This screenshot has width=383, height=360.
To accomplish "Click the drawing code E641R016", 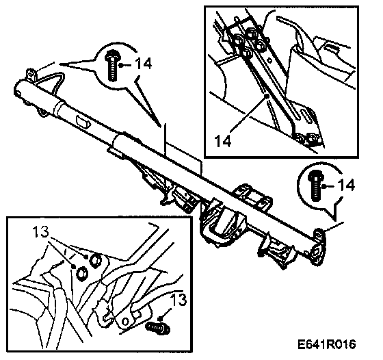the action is [x=327, y=344].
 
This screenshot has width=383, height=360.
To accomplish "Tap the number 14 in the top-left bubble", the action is [x=144, y=64].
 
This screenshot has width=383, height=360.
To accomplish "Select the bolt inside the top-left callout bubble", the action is [x=112, y=66].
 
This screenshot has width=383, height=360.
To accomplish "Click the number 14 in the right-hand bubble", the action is [x=346, y=185].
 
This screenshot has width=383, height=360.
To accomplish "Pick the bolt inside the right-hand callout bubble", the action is [x=316, y=185].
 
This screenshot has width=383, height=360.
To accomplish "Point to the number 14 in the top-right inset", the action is [x=223, y=141].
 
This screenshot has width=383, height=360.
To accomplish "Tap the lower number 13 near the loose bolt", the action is [x=179, y=300].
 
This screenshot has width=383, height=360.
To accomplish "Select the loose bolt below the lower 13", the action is [x=158, y=328].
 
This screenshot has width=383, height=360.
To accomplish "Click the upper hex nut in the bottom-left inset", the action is [x=96, y=261].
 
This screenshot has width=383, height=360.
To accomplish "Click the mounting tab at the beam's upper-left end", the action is [x=31, y=75].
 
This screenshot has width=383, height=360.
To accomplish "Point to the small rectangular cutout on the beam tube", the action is [x=83, y=120].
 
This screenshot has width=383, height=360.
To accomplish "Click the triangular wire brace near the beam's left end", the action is [x=50, y=82].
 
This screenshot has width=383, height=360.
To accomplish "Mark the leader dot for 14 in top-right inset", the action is [x=268, y=96].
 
